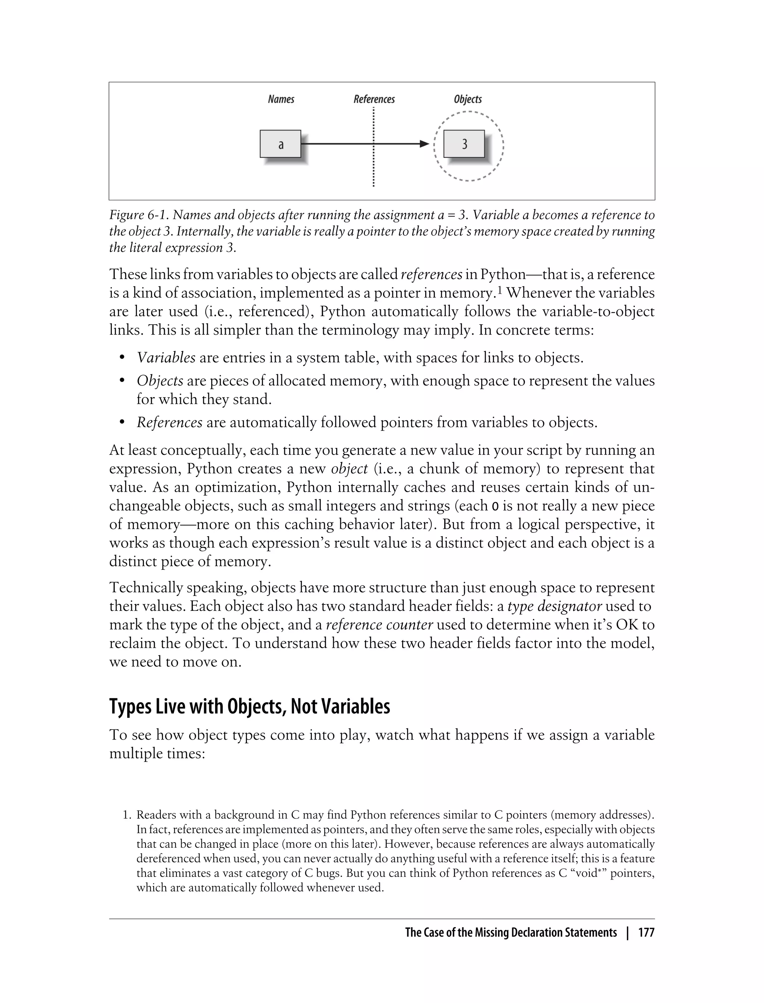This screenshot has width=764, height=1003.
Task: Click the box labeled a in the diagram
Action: [x=280, y=144]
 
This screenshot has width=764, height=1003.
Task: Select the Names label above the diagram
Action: [x=281, y=99]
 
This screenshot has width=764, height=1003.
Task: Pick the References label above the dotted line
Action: [x=374, y=99]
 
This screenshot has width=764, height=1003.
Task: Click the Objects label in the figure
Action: [x=467, y=99]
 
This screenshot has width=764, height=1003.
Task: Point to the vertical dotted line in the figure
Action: [x=373, y=168]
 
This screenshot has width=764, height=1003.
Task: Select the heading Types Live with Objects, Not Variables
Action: [x=249, y=706]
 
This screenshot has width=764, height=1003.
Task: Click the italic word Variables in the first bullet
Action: [x=166, y=357]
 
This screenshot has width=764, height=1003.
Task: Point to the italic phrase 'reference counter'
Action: [x=379, y=625]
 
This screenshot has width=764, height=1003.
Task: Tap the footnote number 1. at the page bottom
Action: [x=127, y=815]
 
